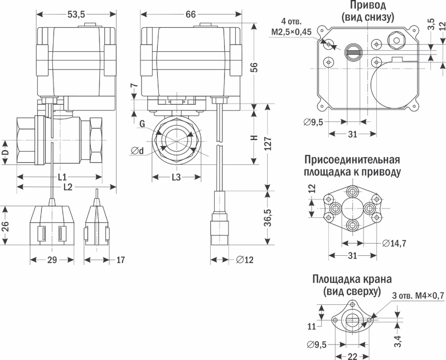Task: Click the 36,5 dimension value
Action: [x=268, y=216]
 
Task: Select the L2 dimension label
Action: [x=67, y=187]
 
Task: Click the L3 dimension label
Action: [x=176, y=177]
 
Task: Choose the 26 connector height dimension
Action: [x=6, y=225]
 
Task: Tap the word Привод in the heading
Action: [x=368, y=6]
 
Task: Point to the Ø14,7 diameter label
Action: [x=394, y=242]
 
